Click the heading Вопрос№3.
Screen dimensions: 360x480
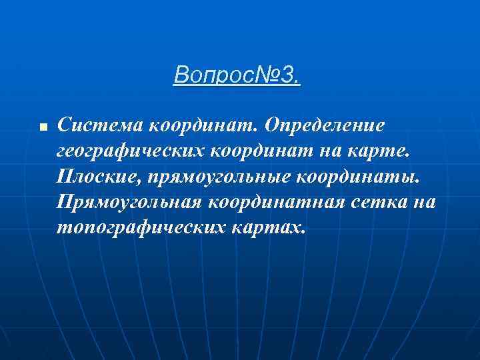pyautogui.click(x=237, y=75)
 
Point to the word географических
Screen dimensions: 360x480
pyautogui.click(x=131, y=151)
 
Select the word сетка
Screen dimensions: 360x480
pyautogui.click(x=377, y=202)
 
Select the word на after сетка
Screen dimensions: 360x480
pyautogui.click(x=423, y=202)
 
